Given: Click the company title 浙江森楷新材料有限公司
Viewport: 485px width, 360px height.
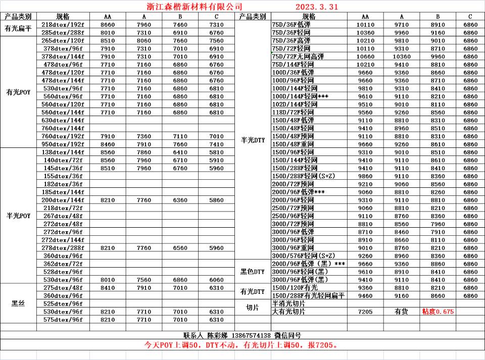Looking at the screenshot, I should point(191,7).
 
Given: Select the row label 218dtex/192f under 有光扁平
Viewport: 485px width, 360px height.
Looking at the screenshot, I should point(63,25).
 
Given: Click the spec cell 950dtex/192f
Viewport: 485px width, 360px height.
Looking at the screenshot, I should point(63,144).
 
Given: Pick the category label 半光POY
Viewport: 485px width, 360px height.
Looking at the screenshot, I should point(19,216).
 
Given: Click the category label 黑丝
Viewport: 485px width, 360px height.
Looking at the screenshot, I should point(19,303).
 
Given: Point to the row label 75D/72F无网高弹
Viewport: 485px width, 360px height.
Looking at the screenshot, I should point(298,57).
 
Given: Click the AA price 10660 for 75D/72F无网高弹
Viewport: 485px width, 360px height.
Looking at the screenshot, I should point(365,57).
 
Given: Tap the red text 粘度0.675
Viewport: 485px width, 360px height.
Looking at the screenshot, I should point(438,312).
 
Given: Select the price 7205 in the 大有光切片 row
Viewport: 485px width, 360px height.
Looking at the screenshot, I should point(365,312).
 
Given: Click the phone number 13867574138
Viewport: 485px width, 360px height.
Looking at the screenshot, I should point(251,335).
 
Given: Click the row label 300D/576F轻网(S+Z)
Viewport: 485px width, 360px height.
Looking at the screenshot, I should point(303,256).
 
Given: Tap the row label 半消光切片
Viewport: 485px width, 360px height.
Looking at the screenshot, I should point(289,304).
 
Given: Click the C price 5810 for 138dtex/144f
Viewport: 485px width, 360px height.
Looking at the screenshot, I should point(216,152).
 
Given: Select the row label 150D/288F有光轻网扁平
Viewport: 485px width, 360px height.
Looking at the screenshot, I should point(308,296).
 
